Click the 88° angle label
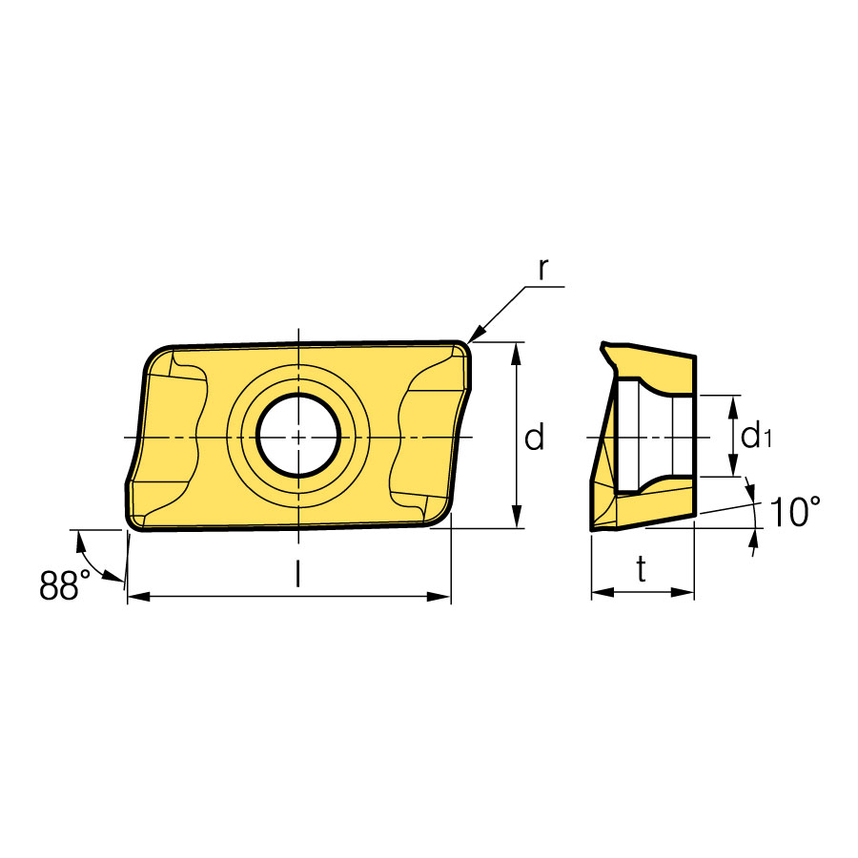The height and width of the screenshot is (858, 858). point(65,584)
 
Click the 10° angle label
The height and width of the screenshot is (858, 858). point(795,512)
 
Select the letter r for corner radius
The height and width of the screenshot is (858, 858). point(542,268)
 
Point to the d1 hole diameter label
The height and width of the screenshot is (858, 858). point(756,436)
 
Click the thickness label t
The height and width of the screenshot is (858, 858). point(642,569)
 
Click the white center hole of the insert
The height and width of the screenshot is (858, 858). point(298,436)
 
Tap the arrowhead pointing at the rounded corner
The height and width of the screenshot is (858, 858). point(476,334)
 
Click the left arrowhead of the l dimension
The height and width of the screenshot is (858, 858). point(138,597)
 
